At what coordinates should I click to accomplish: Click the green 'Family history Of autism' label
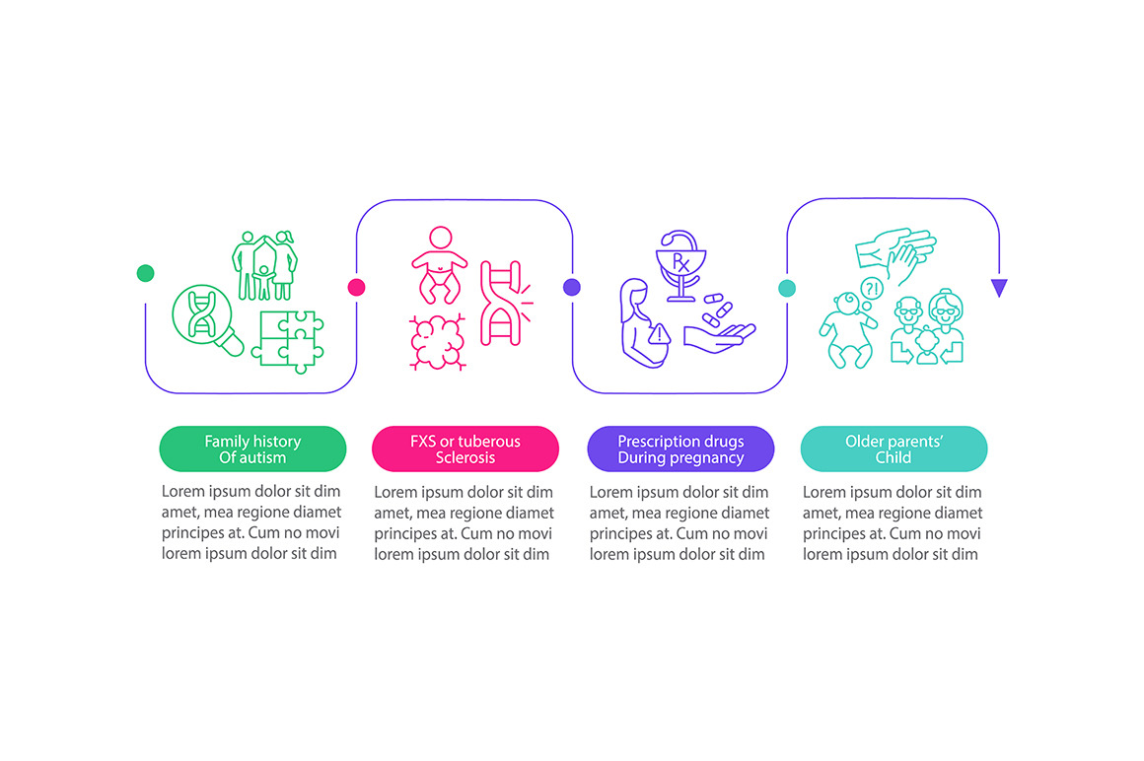pos(252,450)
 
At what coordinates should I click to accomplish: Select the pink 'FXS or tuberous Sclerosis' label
pos(465,450)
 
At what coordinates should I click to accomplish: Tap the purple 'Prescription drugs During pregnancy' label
pos(680,450)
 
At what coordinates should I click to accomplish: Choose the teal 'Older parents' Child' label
pos(894,450)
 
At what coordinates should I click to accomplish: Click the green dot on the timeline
pos(145,273)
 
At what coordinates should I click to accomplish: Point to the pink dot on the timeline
pos(357,287)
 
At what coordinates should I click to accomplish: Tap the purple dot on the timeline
pos(572,287)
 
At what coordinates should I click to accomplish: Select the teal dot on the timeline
pos(787,288)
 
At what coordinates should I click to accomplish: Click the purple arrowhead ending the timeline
pos(1000,287)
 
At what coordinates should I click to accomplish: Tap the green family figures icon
pos(265,266)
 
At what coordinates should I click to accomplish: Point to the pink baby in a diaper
pos(440,264)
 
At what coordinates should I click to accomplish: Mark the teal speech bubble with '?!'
pos(872,289)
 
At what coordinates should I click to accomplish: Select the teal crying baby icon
pos(847,330)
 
